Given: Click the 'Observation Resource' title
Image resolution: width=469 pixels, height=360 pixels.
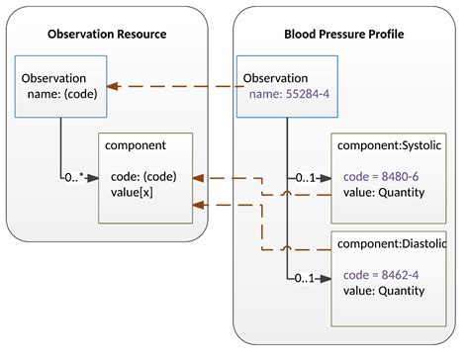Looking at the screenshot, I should click(x=107, y=35).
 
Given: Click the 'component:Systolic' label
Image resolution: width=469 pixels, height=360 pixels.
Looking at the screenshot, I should click(x=389, y=146).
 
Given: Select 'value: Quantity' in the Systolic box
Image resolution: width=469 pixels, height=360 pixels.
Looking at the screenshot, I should click(x=384, y=192).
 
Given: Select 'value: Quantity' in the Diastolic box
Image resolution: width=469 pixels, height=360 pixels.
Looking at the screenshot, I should click(x=384, y=292).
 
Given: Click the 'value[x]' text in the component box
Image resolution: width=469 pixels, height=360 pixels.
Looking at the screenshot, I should click(x=133, y=192).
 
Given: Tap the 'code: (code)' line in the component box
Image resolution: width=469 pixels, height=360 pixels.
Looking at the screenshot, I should click(x=143, y=176).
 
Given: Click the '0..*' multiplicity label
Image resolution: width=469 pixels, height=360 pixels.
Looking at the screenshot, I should click(x=73, y=179).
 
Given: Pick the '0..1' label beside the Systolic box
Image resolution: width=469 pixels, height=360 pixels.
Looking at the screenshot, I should click(x=307, y=179).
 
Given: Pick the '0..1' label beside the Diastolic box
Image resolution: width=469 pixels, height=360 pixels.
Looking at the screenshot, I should click(x=307, y=279).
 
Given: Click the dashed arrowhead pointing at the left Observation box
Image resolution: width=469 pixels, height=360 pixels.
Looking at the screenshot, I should click(x=114, y=86).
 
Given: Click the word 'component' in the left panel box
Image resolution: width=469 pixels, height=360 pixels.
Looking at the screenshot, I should click(x=136, y=146).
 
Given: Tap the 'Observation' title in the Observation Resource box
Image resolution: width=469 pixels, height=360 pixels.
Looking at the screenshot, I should click(x=53, y=78).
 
